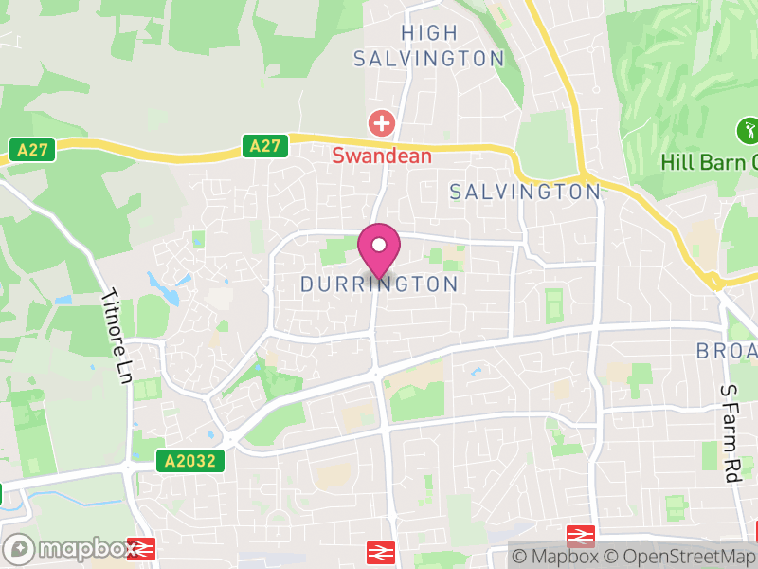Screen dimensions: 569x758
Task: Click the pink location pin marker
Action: (x=379, y=249)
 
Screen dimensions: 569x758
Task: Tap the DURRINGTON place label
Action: (x=379, y=284)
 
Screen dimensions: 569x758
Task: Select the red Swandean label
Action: (x=382, y=156)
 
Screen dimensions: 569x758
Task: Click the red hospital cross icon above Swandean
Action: (x=382, y=122)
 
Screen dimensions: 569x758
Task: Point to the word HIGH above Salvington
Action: (x=429, y=33)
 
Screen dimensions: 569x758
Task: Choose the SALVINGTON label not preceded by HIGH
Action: (x=525, y=192)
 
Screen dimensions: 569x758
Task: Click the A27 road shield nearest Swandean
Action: (x=265, y=145)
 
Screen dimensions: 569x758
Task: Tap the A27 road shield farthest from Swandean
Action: (x=33, y=149)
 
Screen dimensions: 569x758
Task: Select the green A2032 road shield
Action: (x=191, y=461)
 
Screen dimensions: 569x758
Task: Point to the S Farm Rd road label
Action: (x=730, y=433)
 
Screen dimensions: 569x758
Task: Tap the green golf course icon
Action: (x=748, y=129)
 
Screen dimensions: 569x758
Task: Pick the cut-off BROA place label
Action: (x=728, y=351)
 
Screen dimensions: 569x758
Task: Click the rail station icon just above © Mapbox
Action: (x=580, y=536)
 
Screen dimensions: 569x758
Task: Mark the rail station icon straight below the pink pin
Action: (x=381, y=552)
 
